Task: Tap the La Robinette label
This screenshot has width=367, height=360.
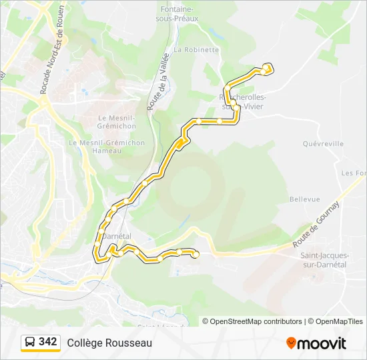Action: click(196, 49)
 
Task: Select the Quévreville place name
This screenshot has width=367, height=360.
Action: click(323, 143)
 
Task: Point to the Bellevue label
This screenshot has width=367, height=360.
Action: click(305, 199)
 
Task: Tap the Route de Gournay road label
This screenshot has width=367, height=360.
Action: click(316, 223)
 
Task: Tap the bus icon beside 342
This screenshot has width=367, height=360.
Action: click(30, 342)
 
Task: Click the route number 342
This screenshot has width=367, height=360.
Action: click(48, 342)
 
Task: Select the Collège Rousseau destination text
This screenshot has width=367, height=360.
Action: click(109, 343)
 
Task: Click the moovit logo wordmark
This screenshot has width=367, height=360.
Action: click(322, 343)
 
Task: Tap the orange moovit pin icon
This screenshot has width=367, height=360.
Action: click(291, 343)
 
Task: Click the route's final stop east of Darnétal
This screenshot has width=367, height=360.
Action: click(196, 254)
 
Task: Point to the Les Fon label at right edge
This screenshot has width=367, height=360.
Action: click(353, 173)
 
